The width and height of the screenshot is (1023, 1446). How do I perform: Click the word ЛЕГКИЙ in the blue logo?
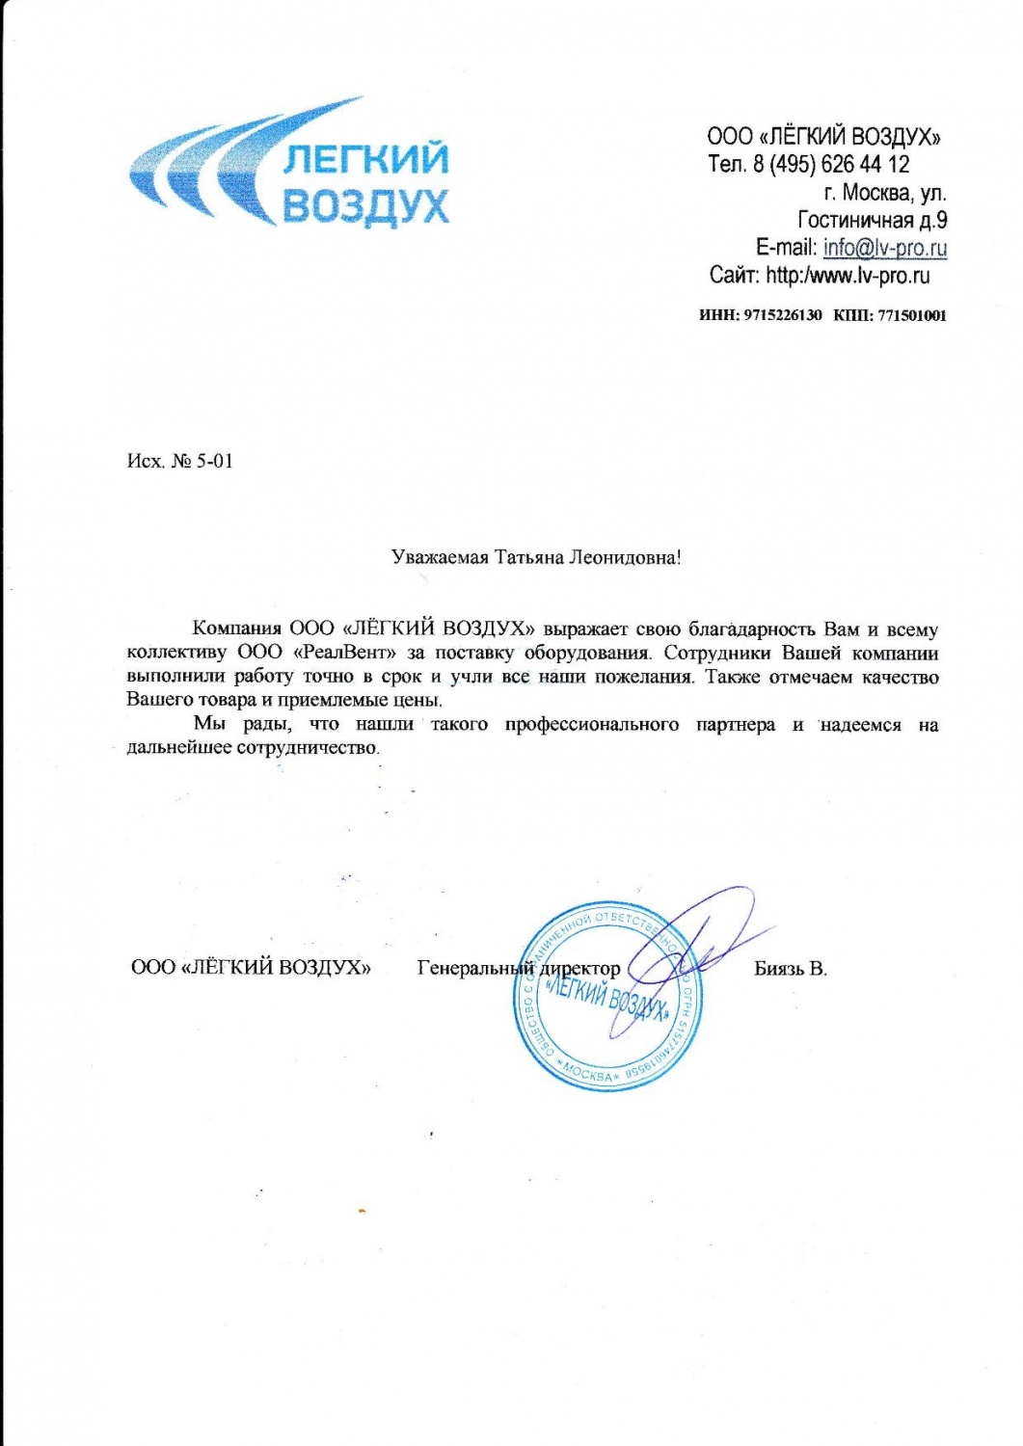point(365,159)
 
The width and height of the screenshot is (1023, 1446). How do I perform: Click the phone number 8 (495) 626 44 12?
point(831,164)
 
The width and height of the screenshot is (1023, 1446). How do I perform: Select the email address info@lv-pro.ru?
point(884,248)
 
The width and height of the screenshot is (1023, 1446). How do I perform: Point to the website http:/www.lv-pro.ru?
point(848,276)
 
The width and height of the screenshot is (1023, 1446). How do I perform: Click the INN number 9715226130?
point(783,315)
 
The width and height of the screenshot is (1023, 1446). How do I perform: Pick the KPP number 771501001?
point(911,315)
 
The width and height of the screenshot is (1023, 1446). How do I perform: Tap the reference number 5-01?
point(215,461)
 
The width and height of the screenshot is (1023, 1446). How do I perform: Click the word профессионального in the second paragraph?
point(591,725)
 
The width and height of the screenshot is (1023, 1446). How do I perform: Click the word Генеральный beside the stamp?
point(474,967)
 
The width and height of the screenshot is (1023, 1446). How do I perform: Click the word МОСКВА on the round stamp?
point(589,1073)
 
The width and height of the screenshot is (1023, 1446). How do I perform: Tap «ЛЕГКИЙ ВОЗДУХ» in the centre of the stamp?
point(606,998)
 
